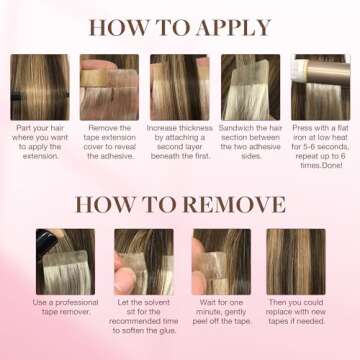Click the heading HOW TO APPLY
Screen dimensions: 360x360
point(180,27)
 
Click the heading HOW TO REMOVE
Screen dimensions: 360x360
point(180,204)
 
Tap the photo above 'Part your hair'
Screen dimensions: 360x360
point(39,86)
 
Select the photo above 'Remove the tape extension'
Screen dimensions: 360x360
point(109,86)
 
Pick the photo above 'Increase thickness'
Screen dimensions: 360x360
point(180,86)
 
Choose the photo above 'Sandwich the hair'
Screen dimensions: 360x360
point(250,86)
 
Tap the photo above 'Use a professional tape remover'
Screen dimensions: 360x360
point(65,261)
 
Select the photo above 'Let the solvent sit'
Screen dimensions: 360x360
point(143,261)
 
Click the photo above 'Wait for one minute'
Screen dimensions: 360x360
point(221,261)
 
